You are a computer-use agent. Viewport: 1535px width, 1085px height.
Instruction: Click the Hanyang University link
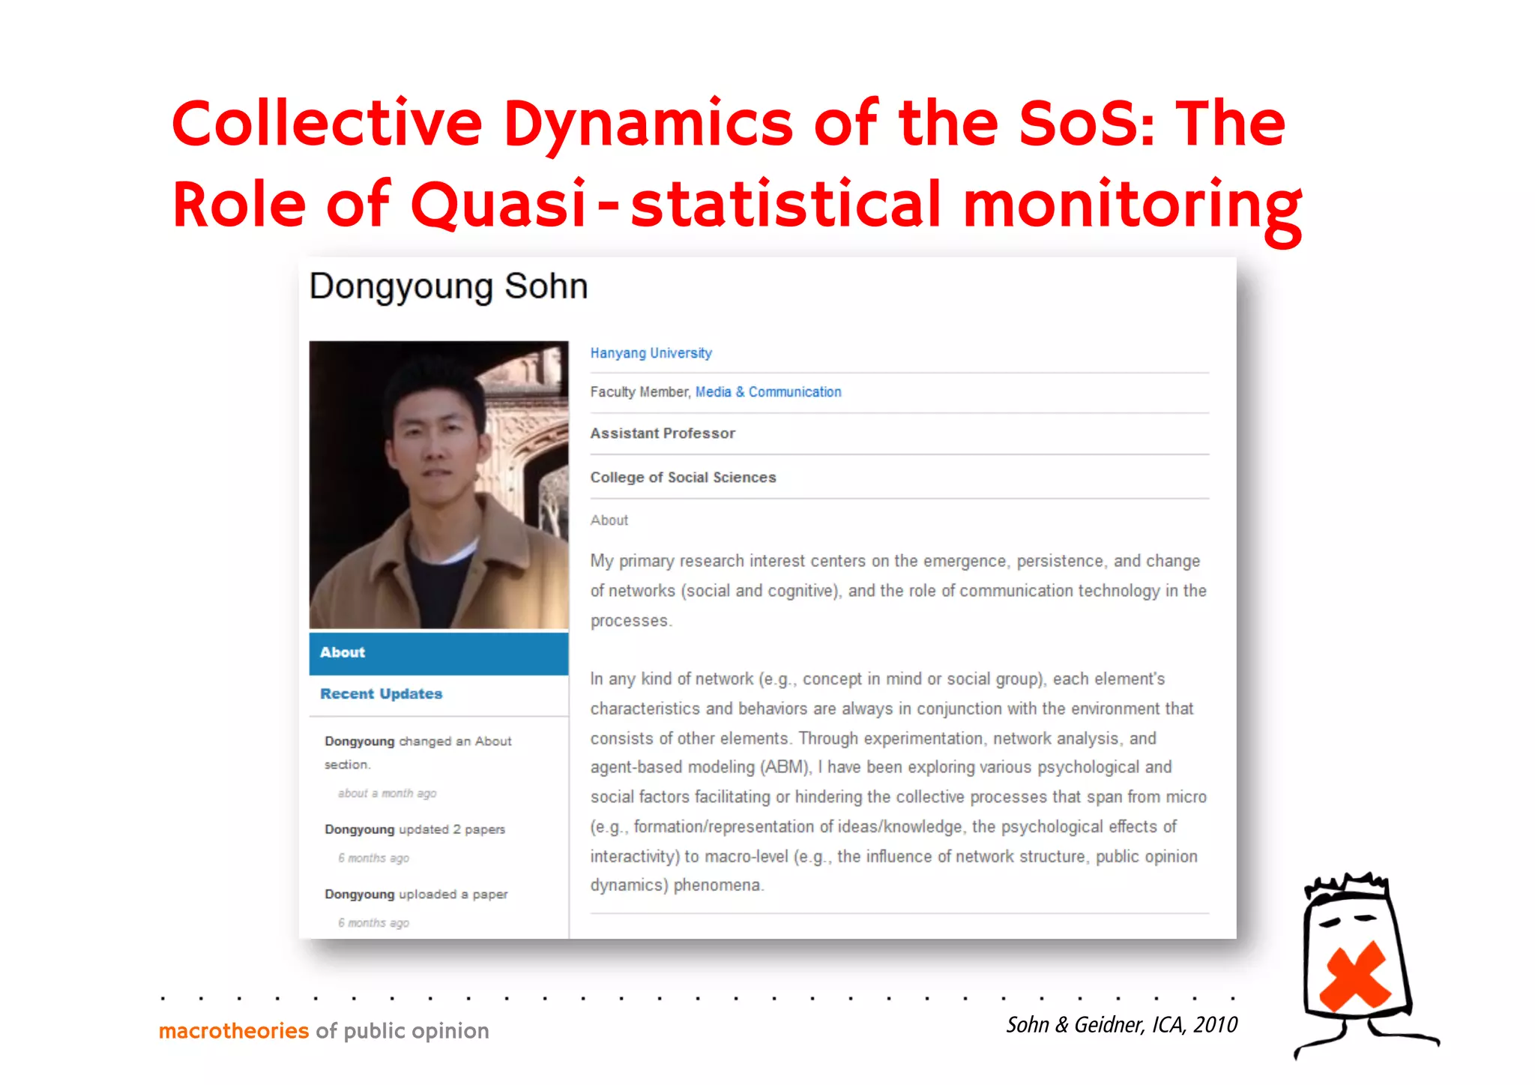tap(651, 352)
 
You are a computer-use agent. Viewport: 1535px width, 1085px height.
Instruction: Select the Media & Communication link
tap(767, 391)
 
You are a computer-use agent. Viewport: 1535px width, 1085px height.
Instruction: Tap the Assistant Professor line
tap(663, 433)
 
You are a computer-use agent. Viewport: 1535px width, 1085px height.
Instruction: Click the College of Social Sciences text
tap(683, 478)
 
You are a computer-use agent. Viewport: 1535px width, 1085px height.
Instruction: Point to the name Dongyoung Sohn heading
tap(448, 286)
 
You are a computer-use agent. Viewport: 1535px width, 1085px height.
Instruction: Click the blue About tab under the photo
tap(438, 652)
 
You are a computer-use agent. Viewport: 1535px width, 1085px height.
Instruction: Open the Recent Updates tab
tap(381, 694)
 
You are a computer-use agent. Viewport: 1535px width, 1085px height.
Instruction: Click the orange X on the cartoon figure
tap(1354, 976)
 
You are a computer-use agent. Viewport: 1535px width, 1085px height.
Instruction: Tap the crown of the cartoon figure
tap(1347, 886)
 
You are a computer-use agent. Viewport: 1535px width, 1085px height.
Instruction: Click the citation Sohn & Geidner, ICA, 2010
tap(1121, 1024)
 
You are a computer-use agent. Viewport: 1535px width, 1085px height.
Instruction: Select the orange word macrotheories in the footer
tap(234, 1031)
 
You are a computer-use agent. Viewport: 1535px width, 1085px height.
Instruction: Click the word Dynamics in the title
tap(648, 124)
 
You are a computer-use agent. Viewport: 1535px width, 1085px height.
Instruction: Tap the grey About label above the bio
tap(609, 520)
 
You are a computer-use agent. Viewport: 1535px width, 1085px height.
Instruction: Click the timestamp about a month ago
tap(387, 793)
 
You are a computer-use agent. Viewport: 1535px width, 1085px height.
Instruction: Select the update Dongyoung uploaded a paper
tap(416, 894)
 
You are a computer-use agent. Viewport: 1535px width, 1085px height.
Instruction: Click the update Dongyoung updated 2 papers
tap(414, 829)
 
